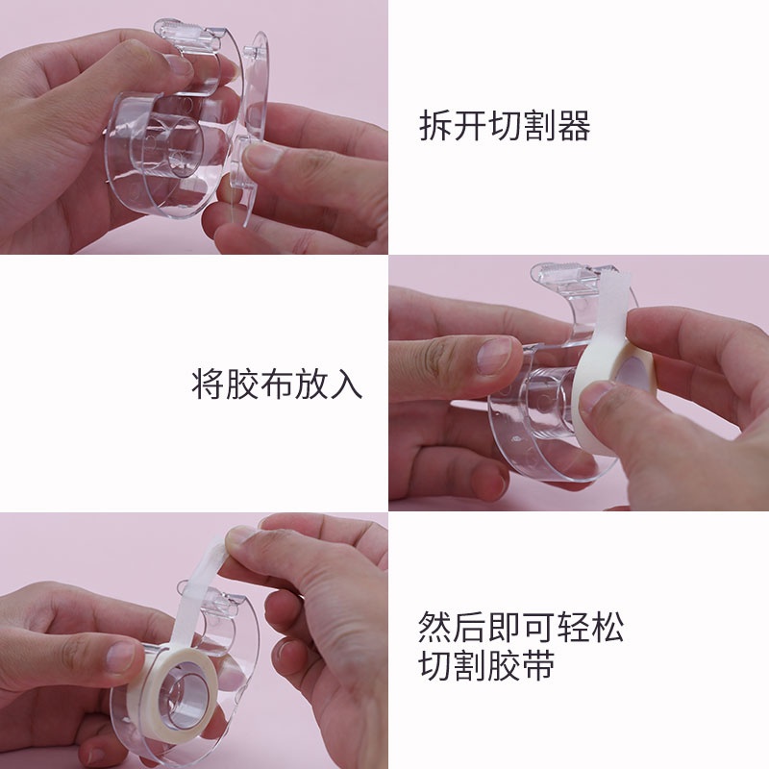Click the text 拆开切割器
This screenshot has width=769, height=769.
point(506,126)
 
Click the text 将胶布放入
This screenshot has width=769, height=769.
point(277,383)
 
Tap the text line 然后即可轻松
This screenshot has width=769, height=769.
point(521,627)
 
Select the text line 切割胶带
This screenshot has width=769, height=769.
point(486,665)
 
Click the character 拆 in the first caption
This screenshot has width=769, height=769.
point(436,126)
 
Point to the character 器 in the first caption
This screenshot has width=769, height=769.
point(574,126)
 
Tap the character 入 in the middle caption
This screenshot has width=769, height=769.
point(346,383)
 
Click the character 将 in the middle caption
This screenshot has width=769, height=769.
point(209,383)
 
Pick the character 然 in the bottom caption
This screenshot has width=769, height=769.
point(435,627)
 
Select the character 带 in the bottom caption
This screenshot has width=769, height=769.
point(538,665)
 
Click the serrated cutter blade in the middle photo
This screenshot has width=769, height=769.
point(559,268)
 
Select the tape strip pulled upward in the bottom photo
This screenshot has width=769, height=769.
point(195,594)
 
